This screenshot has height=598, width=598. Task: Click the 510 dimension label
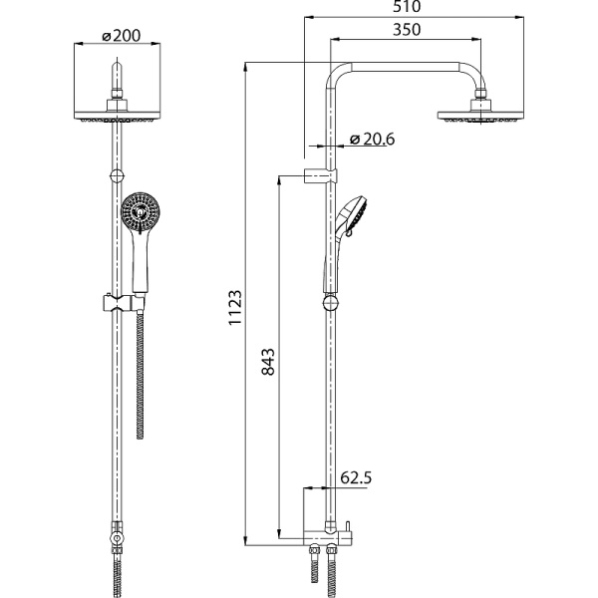click(407, 7)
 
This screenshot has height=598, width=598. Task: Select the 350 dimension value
click(407, 30)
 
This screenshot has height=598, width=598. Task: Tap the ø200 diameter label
click(122, 36)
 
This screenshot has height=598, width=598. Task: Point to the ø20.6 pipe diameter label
click(372, 140)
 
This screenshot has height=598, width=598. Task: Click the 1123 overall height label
click(235, 307)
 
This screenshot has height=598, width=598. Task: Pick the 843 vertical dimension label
click(268, 362)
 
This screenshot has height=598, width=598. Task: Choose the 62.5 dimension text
click(356, 477)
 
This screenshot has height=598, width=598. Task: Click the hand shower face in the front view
click(141, 211)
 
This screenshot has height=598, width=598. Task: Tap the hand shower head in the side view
click(352, 216)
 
